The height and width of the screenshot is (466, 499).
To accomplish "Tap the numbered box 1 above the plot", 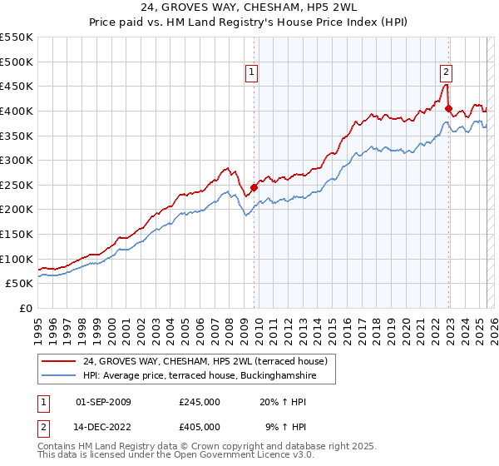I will pos(251,72).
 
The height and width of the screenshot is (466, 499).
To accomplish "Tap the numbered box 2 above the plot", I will pos(446,72).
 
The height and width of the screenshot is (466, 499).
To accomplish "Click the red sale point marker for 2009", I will pos(254,187).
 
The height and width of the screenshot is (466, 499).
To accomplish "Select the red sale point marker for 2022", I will pos(448,108).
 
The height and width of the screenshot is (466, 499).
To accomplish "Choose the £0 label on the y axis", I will pos(27,308).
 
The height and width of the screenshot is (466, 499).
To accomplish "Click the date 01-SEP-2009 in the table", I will pos(103,402).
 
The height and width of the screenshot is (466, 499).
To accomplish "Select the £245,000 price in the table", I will pos(200,402).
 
